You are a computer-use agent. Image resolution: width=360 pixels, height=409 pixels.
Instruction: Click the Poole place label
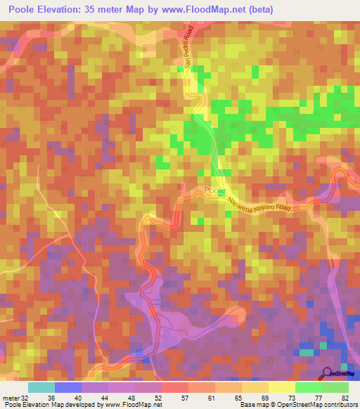tap(214, 190)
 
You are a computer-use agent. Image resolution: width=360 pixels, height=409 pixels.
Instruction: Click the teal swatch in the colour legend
tap(41, 387)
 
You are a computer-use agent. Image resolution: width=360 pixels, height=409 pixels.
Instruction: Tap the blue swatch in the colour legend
tap(67, 387)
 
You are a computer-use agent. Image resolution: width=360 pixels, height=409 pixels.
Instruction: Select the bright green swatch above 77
tap(308, 387)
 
